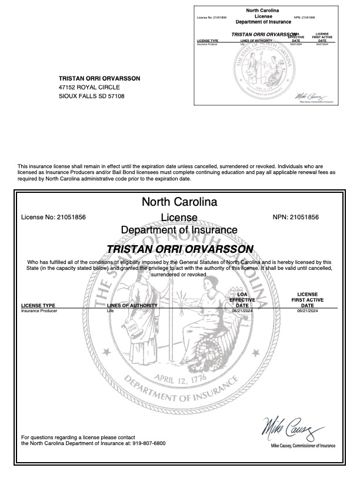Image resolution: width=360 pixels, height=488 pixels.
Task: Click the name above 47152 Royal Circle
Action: pyautogui.click(x=99, y=78)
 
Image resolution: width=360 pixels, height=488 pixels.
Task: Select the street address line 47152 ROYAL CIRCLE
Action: pyautogui.click(x=85, y=87)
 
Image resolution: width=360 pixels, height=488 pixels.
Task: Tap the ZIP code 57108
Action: pyautogui.click(x=116, y=96)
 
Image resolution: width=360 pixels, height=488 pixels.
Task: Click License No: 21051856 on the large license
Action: pyautogui.click(x=54, y=217)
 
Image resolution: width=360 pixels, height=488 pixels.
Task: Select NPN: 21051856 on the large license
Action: pyautogui.click(x=296, y=217)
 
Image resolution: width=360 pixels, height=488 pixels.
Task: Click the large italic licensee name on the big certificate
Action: pyautogui.click(x=180, y=249)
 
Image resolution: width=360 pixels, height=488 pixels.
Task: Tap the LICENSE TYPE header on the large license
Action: pyautogui.click(x=38, y=306)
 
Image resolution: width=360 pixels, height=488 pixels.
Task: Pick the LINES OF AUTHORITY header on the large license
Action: pyautogui.click(x=132, y=306)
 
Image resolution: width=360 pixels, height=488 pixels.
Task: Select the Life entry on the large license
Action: pyautogui.click(x=110, y=311)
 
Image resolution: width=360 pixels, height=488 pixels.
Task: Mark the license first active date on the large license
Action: pyautogui.click(x=307, y=311)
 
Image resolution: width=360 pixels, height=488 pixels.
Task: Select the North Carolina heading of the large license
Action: pyautogui.click(x=179, y=202)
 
